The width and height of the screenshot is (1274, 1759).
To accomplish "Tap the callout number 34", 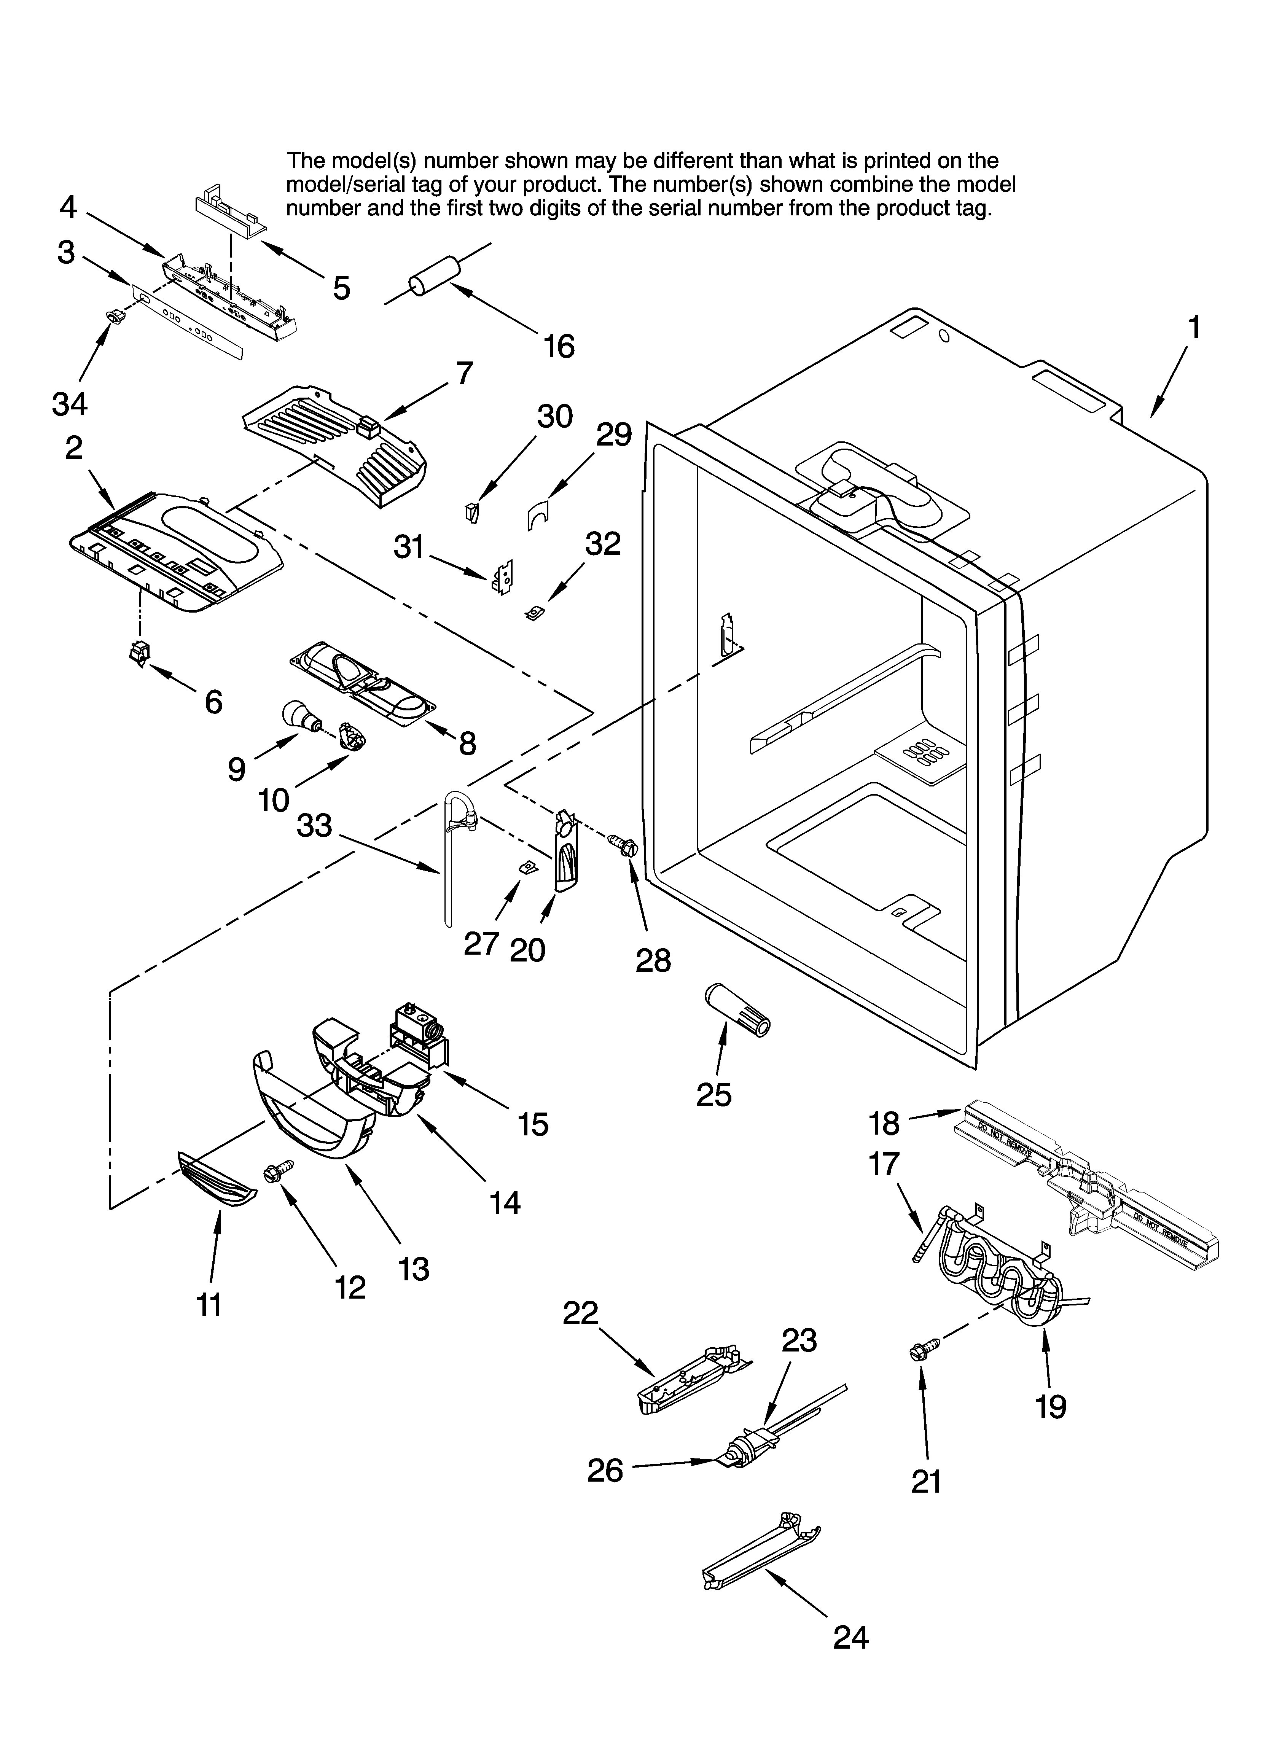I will point(70,403).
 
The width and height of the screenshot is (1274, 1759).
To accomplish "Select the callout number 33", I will point(314,826).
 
